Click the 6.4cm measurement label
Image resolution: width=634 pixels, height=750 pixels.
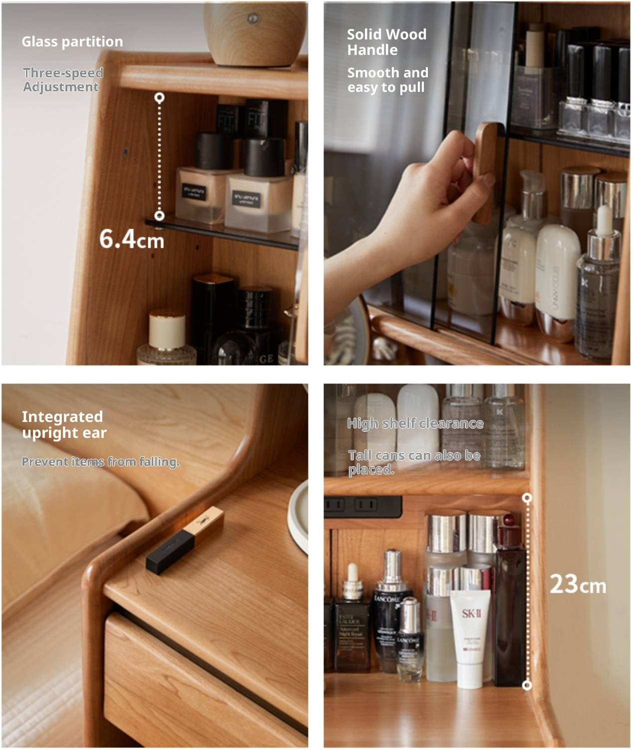tap(132, 239)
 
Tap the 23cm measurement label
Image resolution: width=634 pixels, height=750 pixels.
tap(578, 584)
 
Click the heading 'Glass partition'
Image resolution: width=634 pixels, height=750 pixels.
tap(72, 41)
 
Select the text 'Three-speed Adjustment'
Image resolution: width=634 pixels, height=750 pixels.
tap(63, 80)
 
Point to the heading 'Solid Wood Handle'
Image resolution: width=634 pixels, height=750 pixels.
tap(386, 42)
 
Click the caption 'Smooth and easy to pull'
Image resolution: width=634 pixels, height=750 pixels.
tap(387, 80)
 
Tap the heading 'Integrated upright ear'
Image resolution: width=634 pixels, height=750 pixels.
tap(64, 424)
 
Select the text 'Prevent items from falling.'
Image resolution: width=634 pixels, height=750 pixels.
tap(100, 462)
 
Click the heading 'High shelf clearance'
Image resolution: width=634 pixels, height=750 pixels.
tap(415, 423)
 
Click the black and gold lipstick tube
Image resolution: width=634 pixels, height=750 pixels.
tap(185, 539)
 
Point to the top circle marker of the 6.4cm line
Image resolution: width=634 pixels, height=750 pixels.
tap(159, 98)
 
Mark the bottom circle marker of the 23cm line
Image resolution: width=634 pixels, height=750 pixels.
tap(527, 685)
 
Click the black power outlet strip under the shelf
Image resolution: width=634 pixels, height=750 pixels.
tap(363, 506)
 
